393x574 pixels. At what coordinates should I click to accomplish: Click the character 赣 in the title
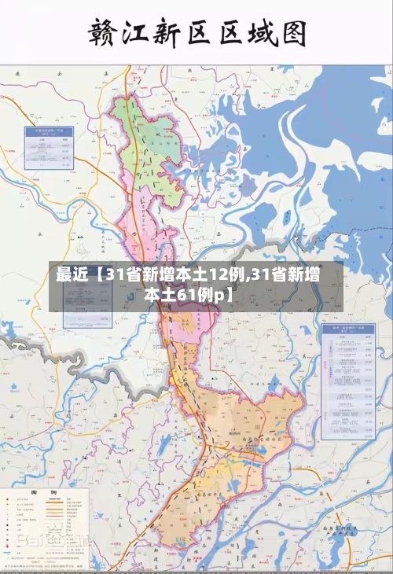point(108,33)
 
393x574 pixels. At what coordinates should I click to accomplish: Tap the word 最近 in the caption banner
point(72,275)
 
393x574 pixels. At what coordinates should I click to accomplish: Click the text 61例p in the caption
point(199,295)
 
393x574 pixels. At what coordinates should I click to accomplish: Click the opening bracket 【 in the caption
point(96,275)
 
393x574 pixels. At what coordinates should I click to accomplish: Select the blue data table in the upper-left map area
point(49,142)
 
